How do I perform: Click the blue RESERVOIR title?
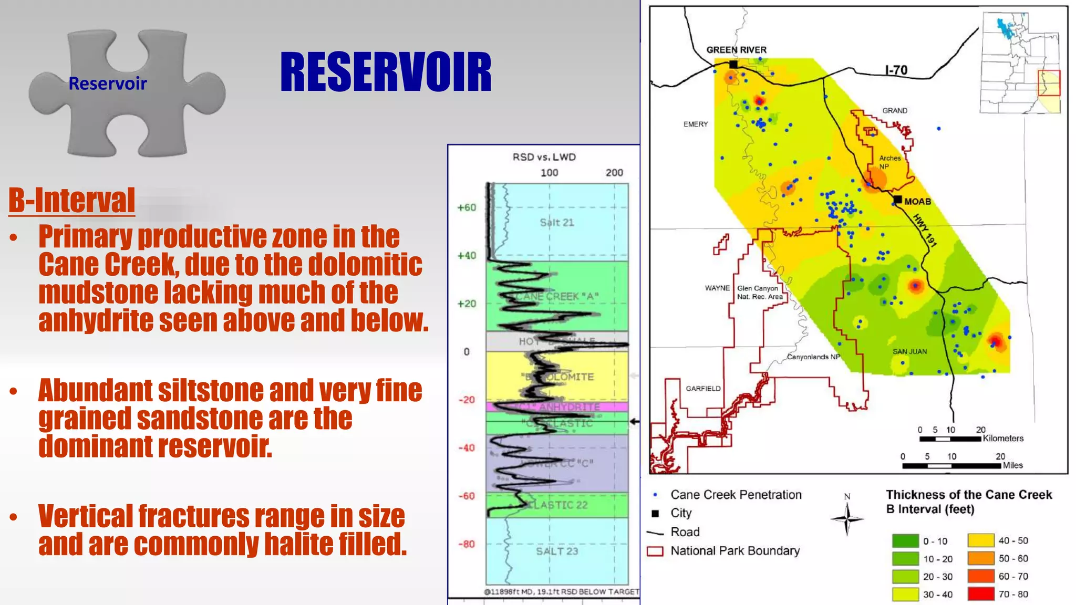(x=386, y=72)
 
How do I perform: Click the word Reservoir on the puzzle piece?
(x=108, y=84)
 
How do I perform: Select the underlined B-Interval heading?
(x=72, y=200)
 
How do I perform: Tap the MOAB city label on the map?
(x=917, y=202)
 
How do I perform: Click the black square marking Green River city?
(x=733, y=64)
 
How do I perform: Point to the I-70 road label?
(x=896, y=70)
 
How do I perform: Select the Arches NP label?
(x=889, y=162)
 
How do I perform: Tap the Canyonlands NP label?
(x=813, y=357)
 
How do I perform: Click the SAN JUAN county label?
(x=909, y=351)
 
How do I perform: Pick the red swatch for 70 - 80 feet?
(x=981, y=594)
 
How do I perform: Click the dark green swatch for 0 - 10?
(x=905, y=541)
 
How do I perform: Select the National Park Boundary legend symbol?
(x=655, y=551)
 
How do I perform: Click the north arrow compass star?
(x=847, y=519)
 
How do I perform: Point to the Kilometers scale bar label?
(x=1003, y=438)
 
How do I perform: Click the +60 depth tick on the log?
(x=467, y=207)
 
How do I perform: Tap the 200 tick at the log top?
(x=614, y=173)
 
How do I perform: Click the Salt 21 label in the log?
(x=557, y=223)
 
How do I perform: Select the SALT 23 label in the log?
(x=557, y=551)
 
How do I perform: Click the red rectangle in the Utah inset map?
(x=1049, y=83)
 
